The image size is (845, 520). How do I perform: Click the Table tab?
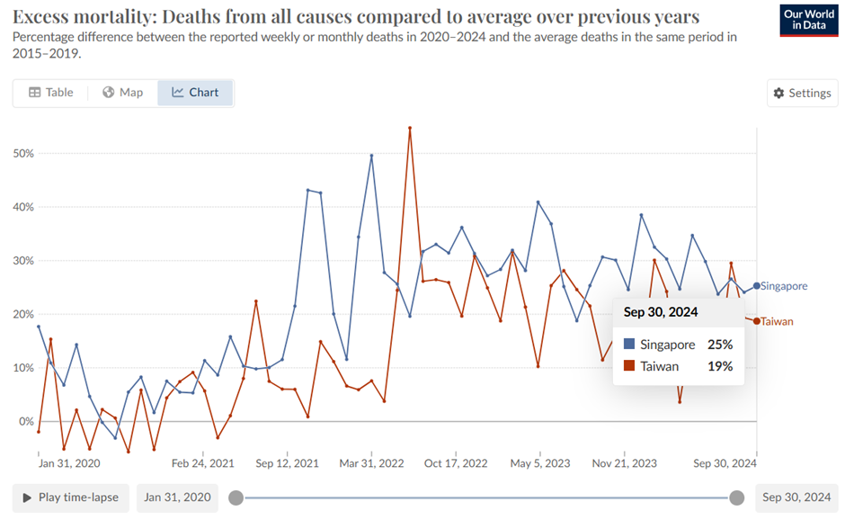[x=50, y=93]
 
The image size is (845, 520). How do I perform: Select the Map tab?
[x=122, y=93]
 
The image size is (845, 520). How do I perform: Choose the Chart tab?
[x=195, y=93]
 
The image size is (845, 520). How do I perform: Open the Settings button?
[x=802, y=94]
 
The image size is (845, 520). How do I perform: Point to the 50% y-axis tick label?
[x=22, y=154]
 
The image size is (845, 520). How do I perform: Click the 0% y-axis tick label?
[x=25, y=422]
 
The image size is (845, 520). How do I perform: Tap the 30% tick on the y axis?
[x=22, y=261]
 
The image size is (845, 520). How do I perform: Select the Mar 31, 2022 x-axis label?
[x=371, y=463]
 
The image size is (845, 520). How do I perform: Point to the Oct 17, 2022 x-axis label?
[x=457, y=463]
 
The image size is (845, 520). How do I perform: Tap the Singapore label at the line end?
[x=784, y=286]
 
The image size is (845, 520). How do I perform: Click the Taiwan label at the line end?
[x=778, y=321]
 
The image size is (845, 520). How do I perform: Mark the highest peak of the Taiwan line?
[x=410, y=128]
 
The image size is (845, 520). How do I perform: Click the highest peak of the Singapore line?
[x=371, y=156]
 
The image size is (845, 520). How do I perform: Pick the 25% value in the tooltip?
[x=720, y=345]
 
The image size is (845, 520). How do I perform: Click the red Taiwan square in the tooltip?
[x=629, y=366]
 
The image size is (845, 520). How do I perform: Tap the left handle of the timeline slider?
[x=236, y=498]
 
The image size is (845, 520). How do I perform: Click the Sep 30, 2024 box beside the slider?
[x=797, y=498]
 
